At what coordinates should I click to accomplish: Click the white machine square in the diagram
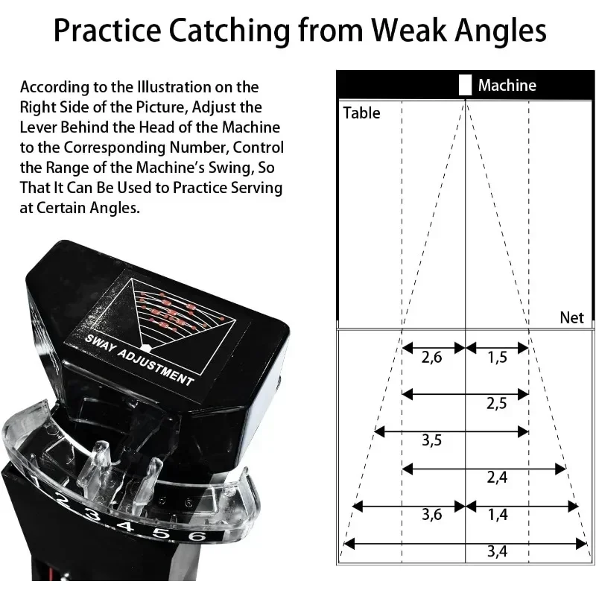point(466,85)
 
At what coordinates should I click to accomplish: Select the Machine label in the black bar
point(507,85)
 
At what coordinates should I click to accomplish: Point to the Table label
point(361,113)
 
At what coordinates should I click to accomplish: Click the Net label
point(571,317)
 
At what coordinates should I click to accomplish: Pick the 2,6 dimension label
point(431,358)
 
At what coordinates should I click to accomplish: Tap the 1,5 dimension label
point(497,358)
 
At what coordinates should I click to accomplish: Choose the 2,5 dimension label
point(497,404)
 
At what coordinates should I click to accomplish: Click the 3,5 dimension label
point(431,440)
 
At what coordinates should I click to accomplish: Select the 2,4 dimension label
point(497,478)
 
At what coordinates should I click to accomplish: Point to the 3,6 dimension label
point(431,515)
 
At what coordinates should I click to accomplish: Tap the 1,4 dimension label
point(497,515)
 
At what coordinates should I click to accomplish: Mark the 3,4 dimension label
point(497,552)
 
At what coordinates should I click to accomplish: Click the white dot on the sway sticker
point(147,348)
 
